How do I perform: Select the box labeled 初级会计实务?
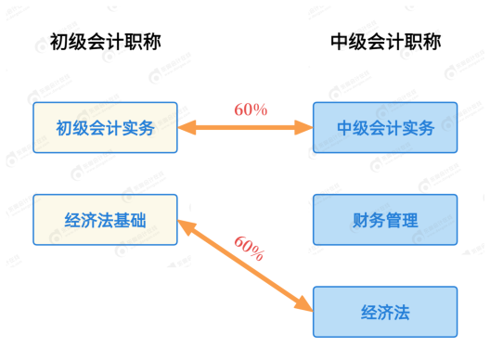pos(105,127)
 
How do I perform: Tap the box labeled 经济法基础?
pos(105,220)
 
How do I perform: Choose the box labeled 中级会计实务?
pos(385,127)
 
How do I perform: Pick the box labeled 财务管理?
pos(385,220)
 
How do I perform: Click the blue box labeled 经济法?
pos(385,312)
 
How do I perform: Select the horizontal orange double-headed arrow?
pos(245,127)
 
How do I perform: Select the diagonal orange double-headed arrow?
pos(244,264)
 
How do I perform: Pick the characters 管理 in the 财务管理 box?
pos(401,220)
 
